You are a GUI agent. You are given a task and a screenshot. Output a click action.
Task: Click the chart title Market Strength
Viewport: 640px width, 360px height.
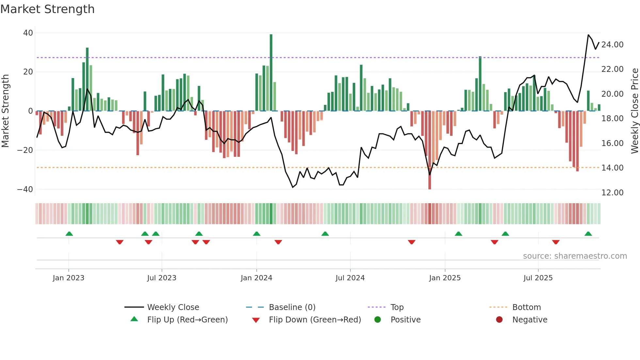pos(47,9)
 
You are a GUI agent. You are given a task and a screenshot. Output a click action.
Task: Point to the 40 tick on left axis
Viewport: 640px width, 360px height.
pos(28,33)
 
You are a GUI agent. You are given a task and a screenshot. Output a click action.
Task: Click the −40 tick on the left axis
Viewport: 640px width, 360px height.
pos(25,189)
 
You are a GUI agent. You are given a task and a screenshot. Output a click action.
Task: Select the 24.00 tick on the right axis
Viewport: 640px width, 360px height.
pos(612,45)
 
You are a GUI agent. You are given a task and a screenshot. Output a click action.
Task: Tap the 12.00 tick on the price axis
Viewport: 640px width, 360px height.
pos(612,193)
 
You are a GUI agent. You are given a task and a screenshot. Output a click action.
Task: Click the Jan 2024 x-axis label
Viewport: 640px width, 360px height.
pos(256,278)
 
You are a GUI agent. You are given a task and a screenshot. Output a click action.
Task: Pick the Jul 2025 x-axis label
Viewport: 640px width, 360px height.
pos(538,278)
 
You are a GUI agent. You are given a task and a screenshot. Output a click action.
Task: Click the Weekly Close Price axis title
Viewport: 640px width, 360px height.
pos(634,111)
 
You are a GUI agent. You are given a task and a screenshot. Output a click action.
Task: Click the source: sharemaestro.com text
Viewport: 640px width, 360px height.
pos(575,256)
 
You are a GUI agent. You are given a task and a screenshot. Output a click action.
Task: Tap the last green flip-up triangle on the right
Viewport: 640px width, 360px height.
pos(588,234)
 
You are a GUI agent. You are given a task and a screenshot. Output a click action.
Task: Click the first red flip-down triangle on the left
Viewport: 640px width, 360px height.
pos(120,242)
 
